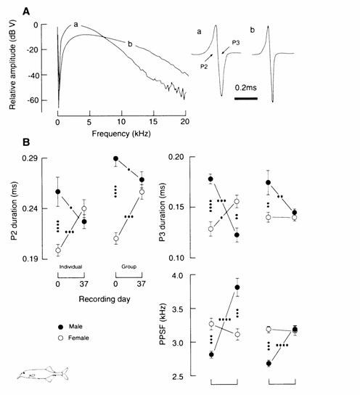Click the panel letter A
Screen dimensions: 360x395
coord(26,12)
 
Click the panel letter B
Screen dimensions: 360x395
coord(26,142)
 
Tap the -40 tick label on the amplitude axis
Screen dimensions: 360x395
coord(32,76)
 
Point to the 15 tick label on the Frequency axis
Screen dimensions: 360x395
coord(153,122)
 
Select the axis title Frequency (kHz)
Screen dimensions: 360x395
coord(121,134)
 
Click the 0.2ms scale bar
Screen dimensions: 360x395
coord(246,99)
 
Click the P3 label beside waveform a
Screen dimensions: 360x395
coord(236,43)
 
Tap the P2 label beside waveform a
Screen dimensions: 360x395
coord(204,67)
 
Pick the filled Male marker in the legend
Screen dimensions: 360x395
coord(61,327)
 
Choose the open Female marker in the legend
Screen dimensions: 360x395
coord(61,338)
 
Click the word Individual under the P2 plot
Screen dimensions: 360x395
coord(70,266)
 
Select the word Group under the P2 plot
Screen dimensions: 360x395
coord(129,266)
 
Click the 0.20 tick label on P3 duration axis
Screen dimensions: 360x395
coord(176,157)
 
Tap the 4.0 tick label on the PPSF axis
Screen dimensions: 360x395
coord(178,276)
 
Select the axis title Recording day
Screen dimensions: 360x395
coord(105,299)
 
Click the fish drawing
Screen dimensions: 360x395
coord(43,373)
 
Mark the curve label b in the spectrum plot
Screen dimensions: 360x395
coord(130,44)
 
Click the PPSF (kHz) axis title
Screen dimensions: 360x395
coord(163,324)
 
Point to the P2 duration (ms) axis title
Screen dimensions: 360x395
coord(15,211)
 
